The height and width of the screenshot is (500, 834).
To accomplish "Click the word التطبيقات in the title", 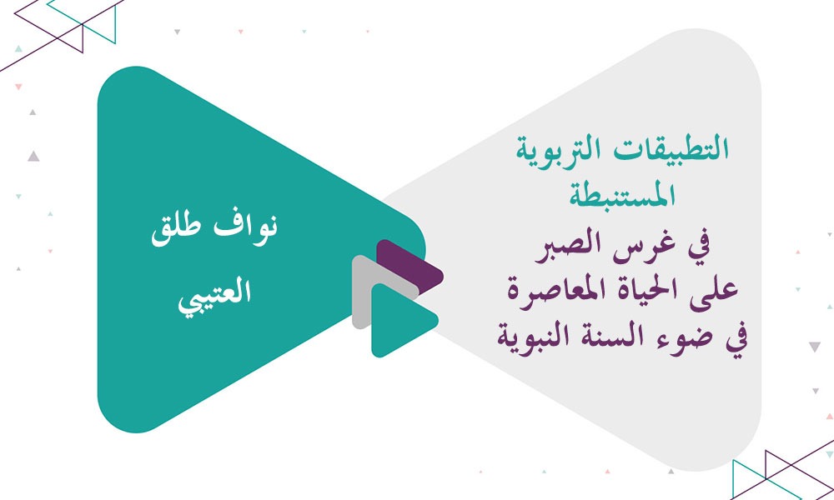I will click(x=680, y=152).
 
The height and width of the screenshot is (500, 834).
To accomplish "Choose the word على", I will click(x=713, y=292).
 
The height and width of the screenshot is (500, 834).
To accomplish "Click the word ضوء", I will click(x=673, y=338).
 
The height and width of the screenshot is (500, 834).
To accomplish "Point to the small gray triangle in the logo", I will click(x=367, y=292).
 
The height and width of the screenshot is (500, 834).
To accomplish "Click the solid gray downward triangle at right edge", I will click(x=815, y=347).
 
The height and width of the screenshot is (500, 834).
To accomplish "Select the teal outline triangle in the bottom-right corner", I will click(x=751, y=479).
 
